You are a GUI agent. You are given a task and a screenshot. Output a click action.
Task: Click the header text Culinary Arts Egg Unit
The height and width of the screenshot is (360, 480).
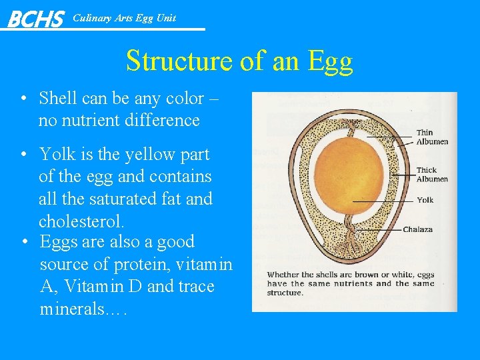tap(124, 18)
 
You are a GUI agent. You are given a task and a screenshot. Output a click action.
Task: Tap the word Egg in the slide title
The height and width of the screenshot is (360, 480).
tap(330, 61)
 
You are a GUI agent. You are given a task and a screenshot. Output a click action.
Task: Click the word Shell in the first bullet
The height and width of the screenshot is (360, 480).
tap(58, 99)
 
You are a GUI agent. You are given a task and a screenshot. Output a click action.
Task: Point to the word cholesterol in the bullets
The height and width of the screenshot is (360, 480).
tap(81, 221)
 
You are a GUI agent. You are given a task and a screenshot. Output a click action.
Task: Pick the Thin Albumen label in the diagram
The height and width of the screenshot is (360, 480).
tap(432, 137)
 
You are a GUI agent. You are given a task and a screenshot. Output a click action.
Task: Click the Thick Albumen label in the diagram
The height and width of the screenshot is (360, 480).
tap(432, 175)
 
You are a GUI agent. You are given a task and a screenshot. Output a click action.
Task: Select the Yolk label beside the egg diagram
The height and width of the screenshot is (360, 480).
tap(425, 200)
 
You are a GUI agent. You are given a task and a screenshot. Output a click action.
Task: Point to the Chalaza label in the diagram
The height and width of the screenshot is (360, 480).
tap(417, 229)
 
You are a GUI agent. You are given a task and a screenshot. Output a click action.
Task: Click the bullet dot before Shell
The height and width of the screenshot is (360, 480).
tap(23, 99)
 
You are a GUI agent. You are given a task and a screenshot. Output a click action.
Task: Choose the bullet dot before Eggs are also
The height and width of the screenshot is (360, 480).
tap(23, 243)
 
